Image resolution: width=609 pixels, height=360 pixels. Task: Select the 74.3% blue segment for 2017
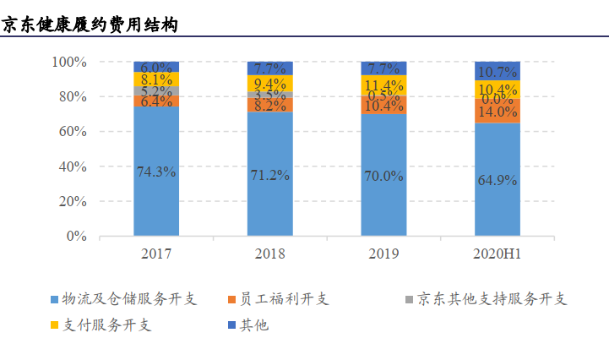pos(156,172)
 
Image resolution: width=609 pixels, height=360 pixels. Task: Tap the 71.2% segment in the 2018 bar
pos(269,175)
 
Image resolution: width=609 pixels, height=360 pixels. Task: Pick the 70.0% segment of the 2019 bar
pos(383,176)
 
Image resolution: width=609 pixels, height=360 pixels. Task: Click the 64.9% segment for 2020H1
pos(498,180)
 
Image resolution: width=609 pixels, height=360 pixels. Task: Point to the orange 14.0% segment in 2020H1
pos(498,112)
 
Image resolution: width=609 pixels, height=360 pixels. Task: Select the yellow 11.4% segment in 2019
pos(383,85)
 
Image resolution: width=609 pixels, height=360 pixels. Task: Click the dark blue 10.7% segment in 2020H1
pos(498,71)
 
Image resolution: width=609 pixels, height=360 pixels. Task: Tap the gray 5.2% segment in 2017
pos(156,91)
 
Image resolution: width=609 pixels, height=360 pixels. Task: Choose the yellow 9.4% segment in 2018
pos(269,84)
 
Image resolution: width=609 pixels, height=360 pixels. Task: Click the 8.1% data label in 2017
pos(156,79)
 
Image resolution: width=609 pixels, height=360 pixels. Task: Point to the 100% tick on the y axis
pos(68,62)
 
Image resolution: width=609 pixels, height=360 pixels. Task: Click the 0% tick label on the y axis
pos(76,237)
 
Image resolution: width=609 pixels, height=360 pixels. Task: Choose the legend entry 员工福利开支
pos(279,299)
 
